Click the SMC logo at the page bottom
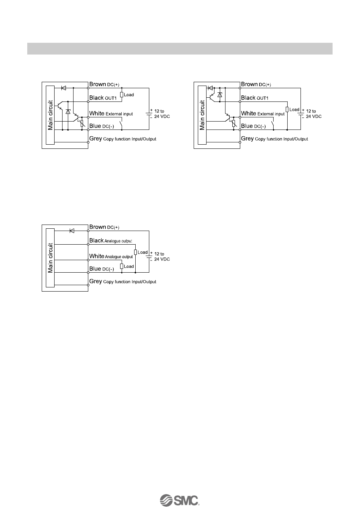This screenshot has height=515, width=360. click(180, 500)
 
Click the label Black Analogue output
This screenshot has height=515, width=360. click(111, 241)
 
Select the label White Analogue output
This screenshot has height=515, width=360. click(111, 256)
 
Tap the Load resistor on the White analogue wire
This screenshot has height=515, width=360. click(121, 266)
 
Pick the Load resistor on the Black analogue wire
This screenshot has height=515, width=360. click(135, 252)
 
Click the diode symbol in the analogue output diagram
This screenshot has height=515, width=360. click(72, 231)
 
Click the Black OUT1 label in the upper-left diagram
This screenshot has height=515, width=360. click(102, 98)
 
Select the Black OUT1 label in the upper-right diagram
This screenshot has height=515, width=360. click(254, 98)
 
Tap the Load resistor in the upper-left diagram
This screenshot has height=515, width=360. click(121, 95)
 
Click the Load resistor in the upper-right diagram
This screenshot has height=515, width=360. click(288, 110)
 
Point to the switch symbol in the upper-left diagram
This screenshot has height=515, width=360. click(121, 124)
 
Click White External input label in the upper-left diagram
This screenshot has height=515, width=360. click(111, 114)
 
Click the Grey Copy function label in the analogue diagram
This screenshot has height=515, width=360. click(123, 282)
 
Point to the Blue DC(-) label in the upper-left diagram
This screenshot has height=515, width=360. click(99, 126)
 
